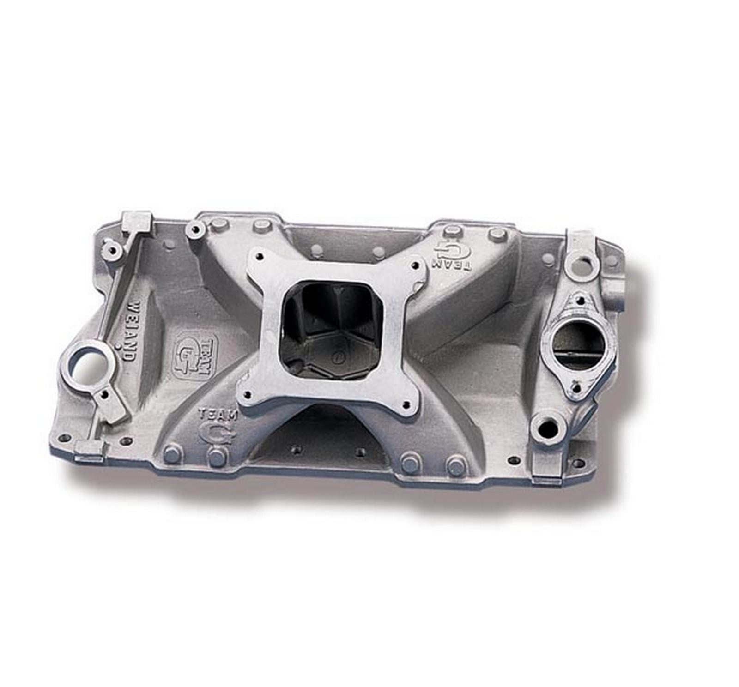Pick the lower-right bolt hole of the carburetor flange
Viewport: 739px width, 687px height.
click(x=406, y=405)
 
